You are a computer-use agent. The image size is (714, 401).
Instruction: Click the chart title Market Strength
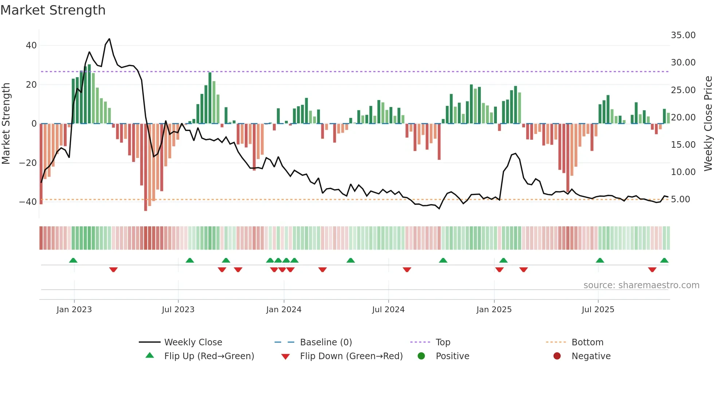point(53,10)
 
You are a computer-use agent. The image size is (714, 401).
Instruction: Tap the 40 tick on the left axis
point(31,45)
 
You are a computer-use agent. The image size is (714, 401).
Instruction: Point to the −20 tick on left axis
point(28,163)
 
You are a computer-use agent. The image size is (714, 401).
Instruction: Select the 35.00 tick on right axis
point(683,35)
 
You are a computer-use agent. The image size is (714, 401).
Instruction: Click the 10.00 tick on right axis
point(683,172)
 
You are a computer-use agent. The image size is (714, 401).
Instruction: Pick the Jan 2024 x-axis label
point(284,310)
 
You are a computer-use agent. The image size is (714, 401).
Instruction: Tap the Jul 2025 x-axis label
point(598,310)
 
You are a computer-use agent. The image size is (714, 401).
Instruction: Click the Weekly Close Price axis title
point(708,124)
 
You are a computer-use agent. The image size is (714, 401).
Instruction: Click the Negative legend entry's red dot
point(557,356)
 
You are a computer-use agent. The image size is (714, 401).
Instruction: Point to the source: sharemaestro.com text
point(641,285)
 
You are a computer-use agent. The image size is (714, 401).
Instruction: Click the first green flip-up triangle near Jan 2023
point(73,260)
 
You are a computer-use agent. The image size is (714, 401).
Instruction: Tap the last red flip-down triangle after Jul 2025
point(652,270)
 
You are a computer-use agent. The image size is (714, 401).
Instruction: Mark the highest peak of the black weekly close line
point(109,39)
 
